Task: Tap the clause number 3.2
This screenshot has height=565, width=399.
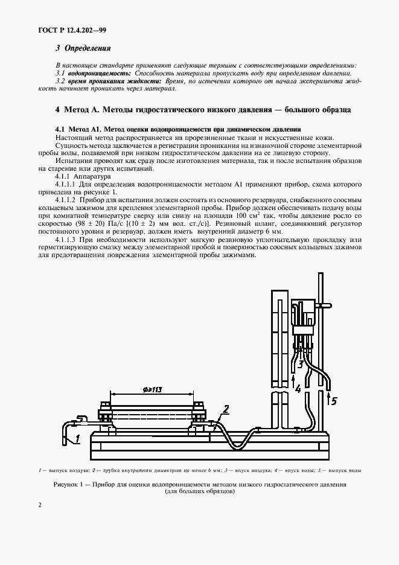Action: click(x=59, y=80)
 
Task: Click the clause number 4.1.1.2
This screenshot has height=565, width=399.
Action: click(x=67, y=199)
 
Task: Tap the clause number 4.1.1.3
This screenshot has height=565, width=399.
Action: click(x=67, y=239)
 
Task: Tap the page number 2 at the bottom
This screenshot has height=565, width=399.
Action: click(x=39, y=505)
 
